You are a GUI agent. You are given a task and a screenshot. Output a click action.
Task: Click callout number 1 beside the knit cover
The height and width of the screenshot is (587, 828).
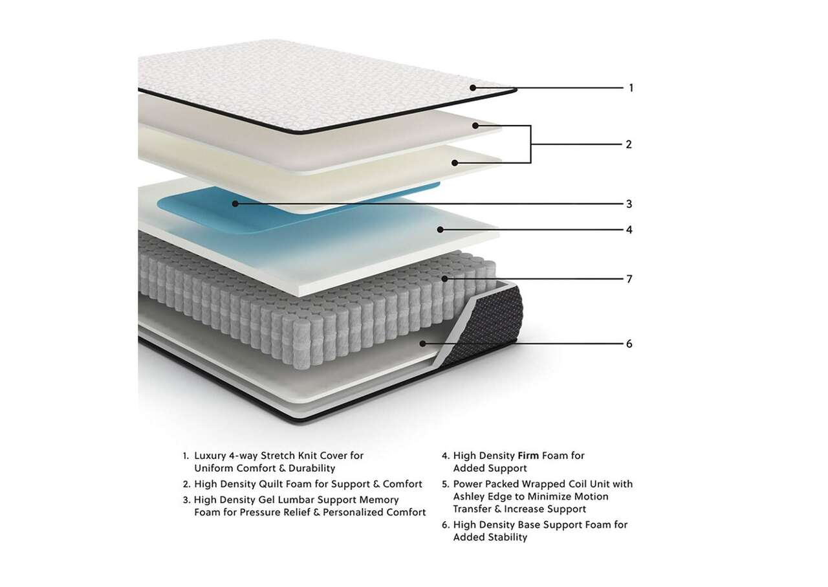point(631,88)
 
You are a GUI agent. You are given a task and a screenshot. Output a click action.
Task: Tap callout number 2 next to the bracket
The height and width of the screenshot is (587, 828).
point(629,144)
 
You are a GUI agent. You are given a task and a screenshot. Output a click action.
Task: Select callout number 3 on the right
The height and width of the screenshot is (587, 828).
point(629,204)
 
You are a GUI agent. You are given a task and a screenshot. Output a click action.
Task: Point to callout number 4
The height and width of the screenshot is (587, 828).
point(629,230)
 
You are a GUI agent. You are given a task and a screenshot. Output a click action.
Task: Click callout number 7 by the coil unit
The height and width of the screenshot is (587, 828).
point(629,279)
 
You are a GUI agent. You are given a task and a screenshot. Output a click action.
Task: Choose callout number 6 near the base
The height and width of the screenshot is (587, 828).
point(629,344)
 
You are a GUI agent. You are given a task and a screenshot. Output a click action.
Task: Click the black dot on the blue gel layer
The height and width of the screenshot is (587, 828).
point(235,204)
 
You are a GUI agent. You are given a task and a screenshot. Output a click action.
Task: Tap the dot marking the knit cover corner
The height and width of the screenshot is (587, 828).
point(473,88)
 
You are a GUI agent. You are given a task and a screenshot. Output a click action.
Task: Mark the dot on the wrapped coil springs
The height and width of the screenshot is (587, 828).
point(444,279)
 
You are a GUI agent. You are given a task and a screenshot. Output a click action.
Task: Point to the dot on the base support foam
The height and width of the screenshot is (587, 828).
point(423,344)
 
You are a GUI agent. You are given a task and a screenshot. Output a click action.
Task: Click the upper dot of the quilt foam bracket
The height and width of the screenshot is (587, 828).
point(475,126)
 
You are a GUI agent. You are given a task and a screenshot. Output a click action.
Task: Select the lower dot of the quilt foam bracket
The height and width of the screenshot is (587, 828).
point(455,162)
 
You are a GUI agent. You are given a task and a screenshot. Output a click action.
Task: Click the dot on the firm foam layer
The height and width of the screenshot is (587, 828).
point(440,230)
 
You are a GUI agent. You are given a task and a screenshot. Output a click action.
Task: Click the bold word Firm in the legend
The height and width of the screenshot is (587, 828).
point(528,456)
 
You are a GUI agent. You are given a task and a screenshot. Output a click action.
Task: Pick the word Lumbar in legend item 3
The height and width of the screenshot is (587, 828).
point(296,500)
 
